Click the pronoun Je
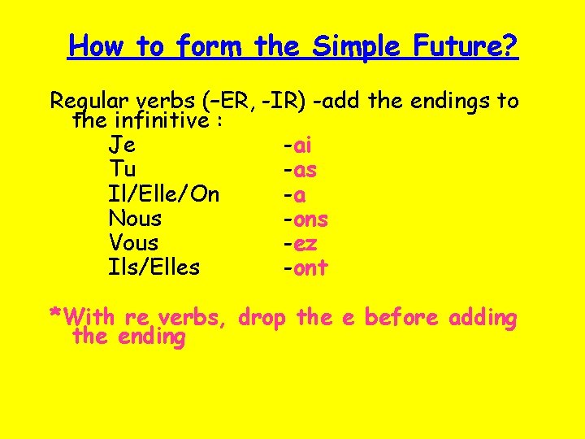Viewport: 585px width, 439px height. [122, 146]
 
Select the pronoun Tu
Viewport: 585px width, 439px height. [122, 171]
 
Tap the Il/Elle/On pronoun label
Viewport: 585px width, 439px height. [163, 195]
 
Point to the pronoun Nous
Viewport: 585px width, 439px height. [135, 219]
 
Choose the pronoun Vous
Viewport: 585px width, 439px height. [133, 243]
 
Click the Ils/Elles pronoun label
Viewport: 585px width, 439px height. [154, 267]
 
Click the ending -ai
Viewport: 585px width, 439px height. [297, 146]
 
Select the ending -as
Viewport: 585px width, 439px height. [300, 171]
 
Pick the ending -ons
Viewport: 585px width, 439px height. [305, 219]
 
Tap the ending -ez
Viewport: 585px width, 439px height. [300, 243]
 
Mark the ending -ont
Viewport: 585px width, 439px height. [305, 267]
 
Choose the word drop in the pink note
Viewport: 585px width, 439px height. [265, 317]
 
